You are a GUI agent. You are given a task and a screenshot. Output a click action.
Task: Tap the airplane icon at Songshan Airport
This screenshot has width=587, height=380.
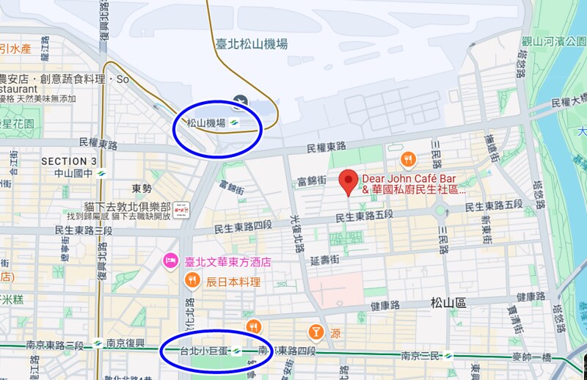pyautogui.click(x=238, y=101)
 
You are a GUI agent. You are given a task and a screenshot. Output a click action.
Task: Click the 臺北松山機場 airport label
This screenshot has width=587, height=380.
pyautogui.click(x=252, y=44)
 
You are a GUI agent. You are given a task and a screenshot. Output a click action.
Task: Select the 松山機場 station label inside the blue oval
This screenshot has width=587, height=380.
pyautogui.click(x=206, y=123)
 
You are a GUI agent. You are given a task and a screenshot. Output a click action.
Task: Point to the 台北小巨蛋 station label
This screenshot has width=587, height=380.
pyautogui.click(x=205, y=351)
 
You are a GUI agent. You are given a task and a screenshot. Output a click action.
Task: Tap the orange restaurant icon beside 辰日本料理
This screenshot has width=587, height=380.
pyautogui.click(x=192, y=279)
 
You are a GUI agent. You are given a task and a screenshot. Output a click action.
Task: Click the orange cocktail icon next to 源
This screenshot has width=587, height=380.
pyautogui.click(x=316, y=332)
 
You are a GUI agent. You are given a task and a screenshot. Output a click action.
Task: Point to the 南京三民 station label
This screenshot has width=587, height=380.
pyautogui.click(x=420, y=356)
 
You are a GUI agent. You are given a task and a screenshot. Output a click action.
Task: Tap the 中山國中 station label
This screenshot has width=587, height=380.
pyautogui.click(x=69, y=174)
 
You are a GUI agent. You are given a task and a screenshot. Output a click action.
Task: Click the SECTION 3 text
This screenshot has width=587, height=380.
pyautogui.click(x=68, y=161)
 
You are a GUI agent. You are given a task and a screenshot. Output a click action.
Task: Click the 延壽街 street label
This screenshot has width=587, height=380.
pyautogui.click(x=325, y=260)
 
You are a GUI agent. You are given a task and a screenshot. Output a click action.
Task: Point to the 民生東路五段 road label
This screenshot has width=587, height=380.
pyautogui.click(x=365, y=217)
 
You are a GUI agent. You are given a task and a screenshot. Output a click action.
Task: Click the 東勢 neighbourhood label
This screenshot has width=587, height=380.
pyautogui.click(x=142, y=188)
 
